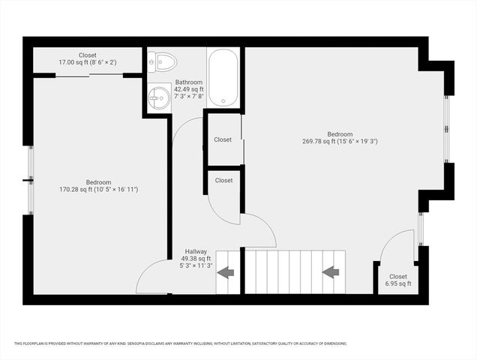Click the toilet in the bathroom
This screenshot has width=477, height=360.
[x=162, y=60]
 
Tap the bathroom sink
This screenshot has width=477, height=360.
[x=158, y=96]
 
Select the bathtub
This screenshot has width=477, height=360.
[x=223, y=77]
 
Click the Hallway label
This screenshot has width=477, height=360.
[x=196, y=252]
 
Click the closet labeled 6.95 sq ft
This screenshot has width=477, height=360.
[x=397, y=280]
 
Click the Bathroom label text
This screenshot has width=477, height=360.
[x=188, y=82]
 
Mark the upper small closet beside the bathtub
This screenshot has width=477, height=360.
[x=223, y=139]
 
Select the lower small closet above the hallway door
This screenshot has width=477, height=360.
[x=223, y=180]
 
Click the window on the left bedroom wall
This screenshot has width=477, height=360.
[x=30, y=180]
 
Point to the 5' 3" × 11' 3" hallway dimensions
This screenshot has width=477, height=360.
[x=196, y=265]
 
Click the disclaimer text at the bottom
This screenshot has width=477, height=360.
[x=180, y=343]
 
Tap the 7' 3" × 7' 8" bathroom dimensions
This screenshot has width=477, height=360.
[x=188, y=97]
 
